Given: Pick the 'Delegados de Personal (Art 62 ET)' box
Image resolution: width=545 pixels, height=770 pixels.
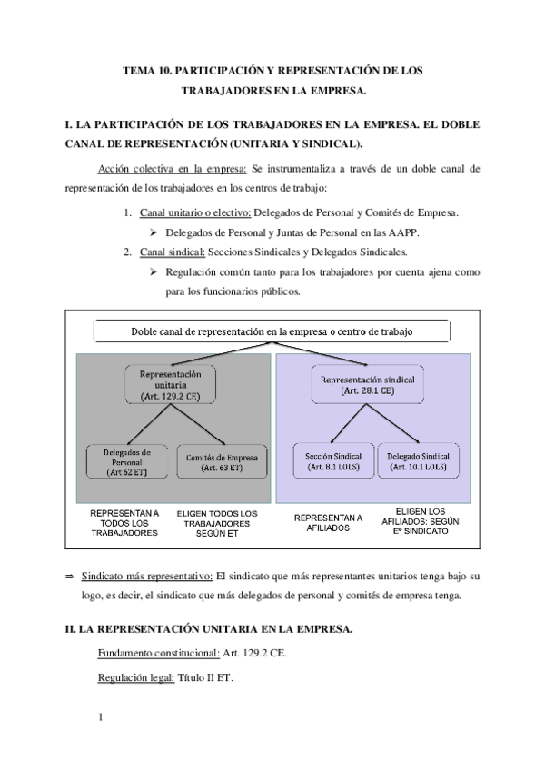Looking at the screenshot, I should (x=126, y=461).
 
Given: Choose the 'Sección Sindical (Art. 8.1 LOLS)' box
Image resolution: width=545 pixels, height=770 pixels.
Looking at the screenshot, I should (x=328, y=461).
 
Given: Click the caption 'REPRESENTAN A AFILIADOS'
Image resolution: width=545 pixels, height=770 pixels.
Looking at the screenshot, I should (x=328, y=525).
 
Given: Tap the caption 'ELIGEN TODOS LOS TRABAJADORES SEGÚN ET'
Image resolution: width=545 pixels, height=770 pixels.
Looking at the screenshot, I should (x=217, y=524).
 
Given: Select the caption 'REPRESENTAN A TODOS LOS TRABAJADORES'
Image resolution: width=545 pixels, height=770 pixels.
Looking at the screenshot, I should (x=124, y=524).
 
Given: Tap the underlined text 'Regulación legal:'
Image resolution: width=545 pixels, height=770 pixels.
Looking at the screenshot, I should (x=135, y=676).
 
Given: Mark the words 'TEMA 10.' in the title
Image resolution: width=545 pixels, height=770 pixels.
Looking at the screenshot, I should (x=147, y=70).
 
